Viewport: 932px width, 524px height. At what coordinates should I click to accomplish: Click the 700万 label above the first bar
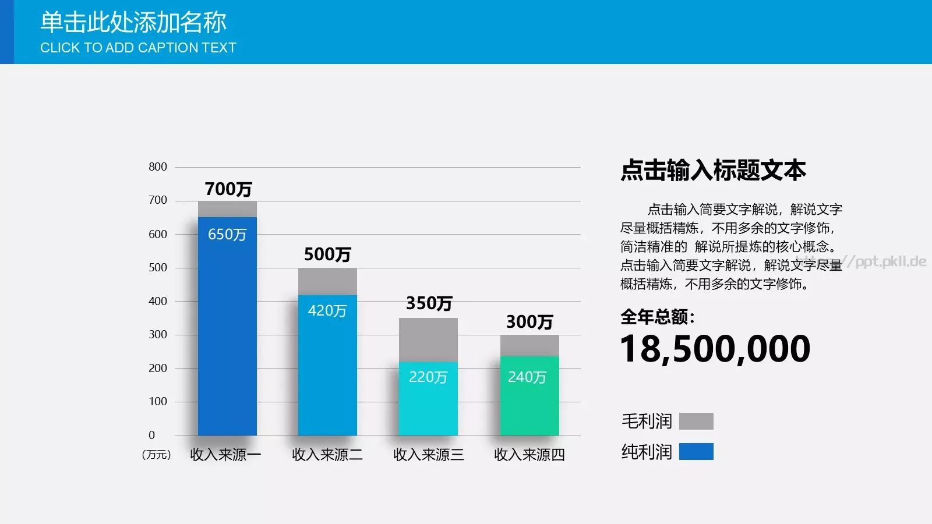pos(228,189)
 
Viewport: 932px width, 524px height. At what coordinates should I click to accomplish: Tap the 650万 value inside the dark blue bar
pos(227,235)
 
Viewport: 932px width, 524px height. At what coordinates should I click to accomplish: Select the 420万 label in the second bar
pos(327,311)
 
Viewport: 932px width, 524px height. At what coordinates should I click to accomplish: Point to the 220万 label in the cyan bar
pos(428,377)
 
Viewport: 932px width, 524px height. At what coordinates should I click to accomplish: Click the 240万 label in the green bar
pos(527,377)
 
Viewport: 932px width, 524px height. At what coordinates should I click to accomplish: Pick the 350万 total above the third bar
pos(429,303)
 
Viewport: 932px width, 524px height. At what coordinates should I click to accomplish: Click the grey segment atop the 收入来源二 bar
pos(327,281)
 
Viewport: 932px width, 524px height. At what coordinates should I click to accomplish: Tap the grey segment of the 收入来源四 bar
pos(529,345)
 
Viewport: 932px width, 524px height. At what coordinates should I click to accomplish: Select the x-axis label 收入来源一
pos(225,455)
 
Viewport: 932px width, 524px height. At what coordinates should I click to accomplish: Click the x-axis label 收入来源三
pos(429,455)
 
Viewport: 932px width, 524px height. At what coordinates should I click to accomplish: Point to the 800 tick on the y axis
pos(158,167)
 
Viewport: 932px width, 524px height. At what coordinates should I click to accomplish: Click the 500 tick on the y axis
pos(158,268)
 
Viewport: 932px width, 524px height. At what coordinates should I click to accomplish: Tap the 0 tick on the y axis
pos(152,435)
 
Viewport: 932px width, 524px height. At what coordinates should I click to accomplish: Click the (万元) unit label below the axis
pos(156,455)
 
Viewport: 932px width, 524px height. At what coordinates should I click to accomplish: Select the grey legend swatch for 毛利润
pos(696,421)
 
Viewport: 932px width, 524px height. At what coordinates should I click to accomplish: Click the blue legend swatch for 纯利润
pos(696,452)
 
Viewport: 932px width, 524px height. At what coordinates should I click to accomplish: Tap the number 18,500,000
pos(715,349)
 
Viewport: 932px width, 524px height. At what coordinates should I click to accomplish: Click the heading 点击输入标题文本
pos(713,170)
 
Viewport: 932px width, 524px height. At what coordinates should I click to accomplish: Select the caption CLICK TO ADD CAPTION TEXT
pos(138,48)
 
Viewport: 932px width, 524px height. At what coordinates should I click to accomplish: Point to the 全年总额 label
pos(657,317)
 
